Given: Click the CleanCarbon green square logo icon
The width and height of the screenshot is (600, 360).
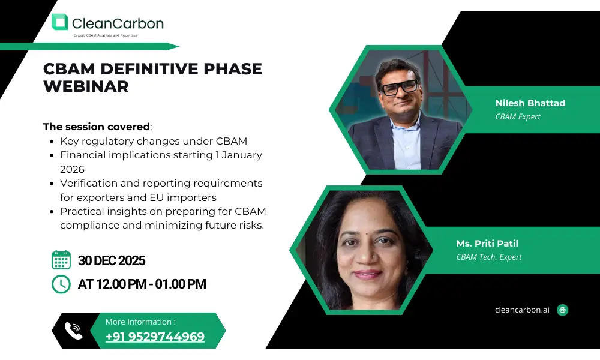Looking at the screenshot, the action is [59, 22].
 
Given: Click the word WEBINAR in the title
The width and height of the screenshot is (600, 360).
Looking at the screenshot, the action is [86, 86].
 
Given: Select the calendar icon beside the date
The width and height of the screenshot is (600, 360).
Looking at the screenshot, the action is [61, 260].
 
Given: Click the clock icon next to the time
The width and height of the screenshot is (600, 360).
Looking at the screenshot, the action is [61, 284].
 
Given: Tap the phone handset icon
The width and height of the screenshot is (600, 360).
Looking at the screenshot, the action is [73, 331].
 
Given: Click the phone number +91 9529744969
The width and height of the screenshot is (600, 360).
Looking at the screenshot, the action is [155, 337].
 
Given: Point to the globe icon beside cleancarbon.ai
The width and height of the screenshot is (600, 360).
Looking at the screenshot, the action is [563, 310].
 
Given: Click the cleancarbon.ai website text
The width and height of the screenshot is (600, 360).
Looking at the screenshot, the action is [522, 310].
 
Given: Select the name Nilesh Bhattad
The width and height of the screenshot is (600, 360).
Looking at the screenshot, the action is [530, 103].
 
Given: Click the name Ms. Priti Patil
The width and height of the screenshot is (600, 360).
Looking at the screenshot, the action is [487, 244].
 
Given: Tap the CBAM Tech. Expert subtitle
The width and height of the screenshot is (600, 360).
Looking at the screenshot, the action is [489, 257].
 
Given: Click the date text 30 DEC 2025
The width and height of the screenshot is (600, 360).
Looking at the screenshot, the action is [112, 260].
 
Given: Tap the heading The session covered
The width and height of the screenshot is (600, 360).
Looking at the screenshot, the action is [97, 127].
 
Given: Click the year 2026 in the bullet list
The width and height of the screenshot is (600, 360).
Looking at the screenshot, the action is [73, 169].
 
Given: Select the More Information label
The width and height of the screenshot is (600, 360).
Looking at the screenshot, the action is [140, 322].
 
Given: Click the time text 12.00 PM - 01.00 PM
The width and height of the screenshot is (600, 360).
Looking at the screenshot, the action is [151, 284].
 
